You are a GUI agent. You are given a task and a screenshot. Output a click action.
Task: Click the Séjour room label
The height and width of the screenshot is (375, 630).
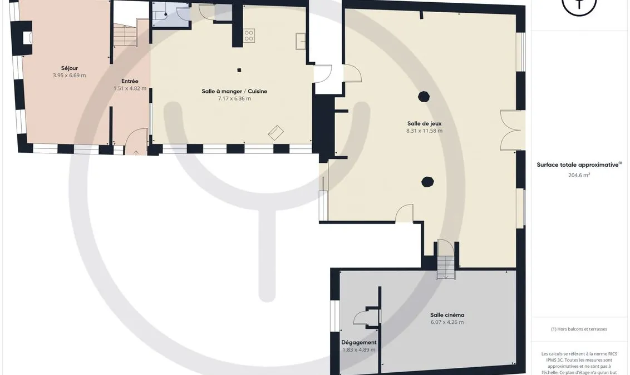(x=70, y=68)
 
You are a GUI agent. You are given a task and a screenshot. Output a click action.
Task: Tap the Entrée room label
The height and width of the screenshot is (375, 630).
(x=130, y=81)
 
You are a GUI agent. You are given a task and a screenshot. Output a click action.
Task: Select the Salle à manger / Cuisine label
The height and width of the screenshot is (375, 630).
(x=234, y=92)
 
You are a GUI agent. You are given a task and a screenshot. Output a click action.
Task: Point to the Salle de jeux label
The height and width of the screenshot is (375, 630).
(x=424, y=123)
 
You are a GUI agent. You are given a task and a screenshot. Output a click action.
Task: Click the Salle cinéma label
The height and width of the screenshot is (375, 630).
(x=447, y=315)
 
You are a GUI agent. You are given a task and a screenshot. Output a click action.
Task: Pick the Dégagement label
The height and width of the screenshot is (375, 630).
(x=359, y=343)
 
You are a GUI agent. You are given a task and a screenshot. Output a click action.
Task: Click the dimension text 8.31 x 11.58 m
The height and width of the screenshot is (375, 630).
(x=424, y=131)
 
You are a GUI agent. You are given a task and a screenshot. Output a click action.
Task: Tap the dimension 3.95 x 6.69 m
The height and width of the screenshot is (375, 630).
(x=70, y=76)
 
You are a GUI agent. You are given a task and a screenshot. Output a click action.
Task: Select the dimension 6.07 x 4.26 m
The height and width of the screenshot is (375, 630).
(x=447, y=322)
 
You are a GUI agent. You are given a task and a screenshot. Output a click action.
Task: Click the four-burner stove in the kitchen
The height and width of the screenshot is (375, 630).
(x=249, y=36)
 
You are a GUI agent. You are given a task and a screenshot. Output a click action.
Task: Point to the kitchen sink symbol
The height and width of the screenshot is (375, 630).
(x=301, y=41)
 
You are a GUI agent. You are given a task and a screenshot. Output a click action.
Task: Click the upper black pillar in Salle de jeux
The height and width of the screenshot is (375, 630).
(x=424, y=96)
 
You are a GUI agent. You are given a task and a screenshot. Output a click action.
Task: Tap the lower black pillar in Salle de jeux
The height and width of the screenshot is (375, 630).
(x=427, y=182)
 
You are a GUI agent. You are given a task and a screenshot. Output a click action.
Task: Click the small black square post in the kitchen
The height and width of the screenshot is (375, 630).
(x=239, y=70)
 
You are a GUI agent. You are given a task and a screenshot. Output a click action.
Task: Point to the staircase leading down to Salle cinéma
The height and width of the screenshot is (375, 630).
(x=446, y=267)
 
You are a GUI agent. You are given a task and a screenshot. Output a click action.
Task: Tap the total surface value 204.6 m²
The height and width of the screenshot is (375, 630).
(x=579, y=175)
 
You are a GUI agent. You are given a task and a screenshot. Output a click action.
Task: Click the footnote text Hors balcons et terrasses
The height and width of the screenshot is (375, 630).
(x=579, y=329)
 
